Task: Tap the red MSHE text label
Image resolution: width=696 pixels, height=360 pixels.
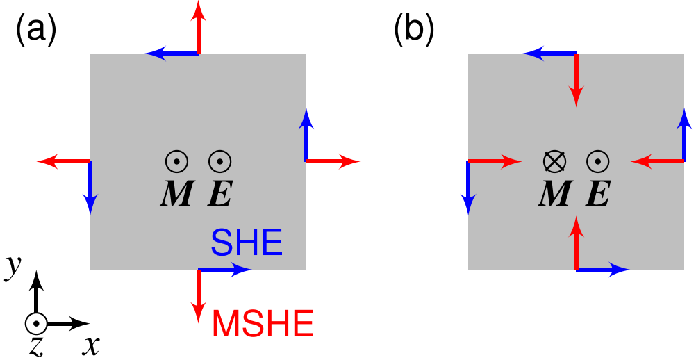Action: pyautogui.click(x=263, y=324)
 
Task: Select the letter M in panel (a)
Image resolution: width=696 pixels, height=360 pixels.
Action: pyautogui.click(x=176, y=193)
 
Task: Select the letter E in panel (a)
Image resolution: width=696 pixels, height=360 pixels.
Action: pyautogui.click(x=220, y=193)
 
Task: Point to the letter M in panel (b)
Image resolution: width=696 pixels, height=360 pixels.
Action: pyautogui.click(x=554, y=193)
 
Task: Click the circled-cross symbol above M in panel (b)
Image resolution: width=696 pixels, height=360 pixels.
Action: pyautogui.click(x=554, y=161)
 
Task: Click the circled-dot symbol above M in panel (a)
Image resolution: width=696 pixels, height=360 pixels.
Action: pyautogui.click(x=176, y=161)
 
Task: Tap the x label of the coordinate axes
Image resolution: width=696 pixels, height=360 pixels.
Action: pyautogui.click(x=90, y=344)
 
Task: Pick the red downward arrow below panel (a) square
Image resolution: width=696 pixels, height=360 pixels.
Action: pyautogui.click(x=199, y=295)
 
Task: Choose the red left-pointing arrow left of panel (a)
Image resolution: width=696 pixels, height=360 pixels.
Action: pyautogui.click(x=64, y=161)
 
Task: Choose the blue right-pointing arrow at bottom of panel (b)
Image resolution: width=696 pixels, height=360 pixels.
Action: pyautogui.click(x=602, y=269)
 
